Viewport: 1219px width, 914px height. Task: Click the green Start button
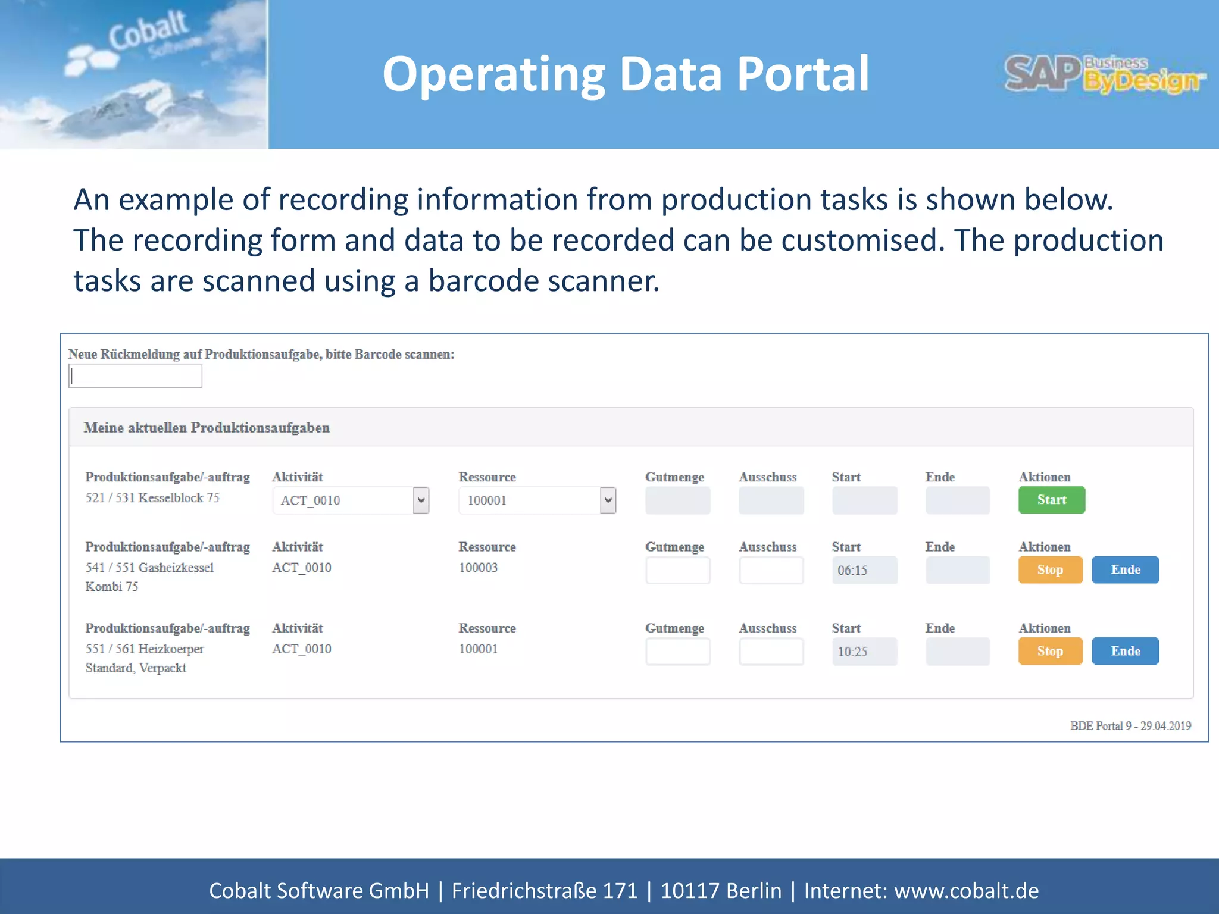point(1051,500)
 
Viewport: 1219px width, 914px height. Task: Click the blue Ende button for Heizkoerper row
point(1125,651)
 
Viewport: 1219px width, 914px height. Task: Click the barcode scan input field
point(135,376)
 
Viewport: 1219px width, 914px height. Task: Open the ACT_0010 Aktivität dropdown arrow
point(421,500)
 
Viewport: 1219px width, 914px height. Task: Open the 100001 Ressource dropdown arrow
point(608,500)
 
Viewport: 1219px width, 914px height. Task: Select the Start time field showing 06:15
point(864,570)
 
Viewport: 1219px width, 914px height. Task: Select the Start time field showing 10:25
point(864,652)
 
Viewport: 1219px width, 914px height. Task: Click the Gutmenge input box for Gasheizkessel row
point(677,570)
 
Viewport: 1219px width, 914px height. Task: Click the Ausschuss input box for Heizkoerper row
point(771,652)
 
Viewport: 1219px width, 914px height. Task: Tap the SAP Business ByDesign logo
point(1105,75)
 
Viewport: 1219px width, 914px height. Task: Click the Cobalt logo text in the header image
point(148,30)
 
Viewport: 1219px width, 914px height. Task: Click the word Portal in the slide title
point(803,74)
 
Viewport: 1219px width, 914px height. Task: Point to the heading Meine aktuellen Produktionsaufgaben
point(207,427)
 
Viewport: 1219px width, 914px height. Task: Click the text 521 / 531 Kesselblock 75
point(152,498)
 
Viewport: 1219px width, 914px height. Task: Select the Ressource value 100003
point(478,568)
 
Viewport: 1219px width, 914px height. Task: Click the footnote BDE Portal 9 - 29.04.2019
point(1130,726)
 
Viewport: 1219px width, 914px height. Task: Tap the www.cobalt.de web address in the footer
point(966,891)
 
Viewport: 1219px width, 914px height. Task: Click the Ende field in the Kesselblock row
point(957,500)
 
